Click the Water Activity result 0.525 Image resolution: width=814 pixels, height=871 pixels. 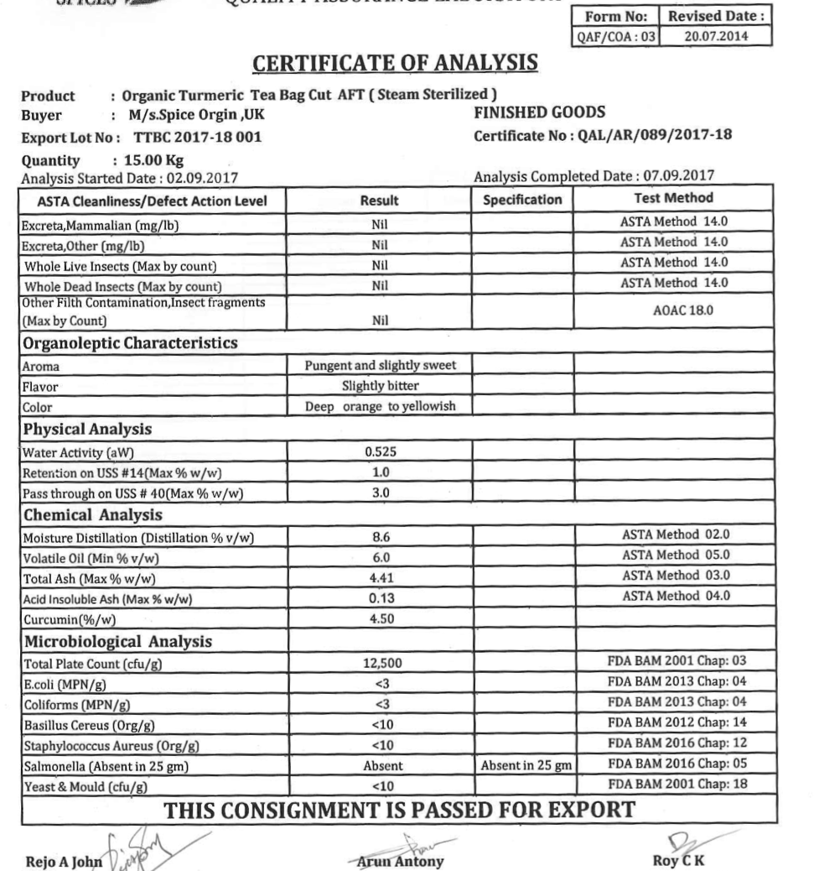click(x=378, y=450)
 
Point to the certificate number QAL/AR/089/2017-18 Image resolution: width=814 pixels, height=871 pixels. click(x=614, y=128)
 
